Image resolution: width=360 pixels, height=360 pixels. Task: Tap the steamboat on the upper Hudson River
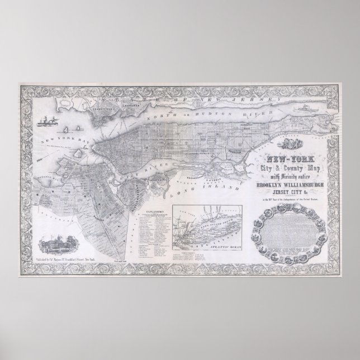click(310, 120)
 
